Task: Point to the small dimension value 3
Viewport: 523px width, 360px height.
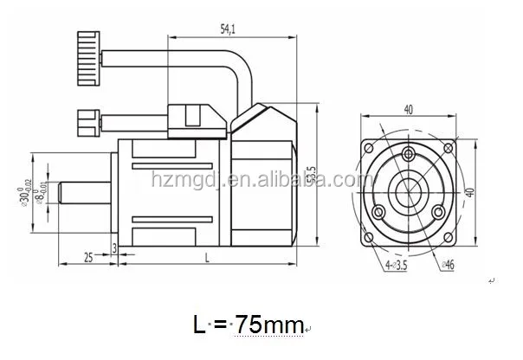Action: [115, 247]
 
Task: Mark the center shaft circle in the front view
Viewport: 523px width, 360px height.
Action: [406, 183]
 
